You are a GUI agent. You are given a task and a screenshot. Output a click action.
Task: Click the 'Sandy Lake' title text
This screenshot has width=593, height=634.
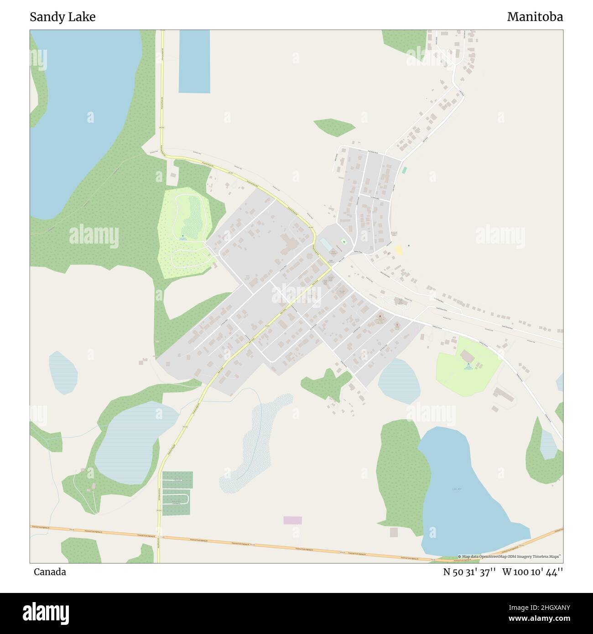[x=62, y=17]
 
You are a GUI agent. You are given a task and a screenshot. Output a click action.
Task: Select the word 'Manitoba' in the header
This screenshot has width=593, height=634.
[x=535, y=17]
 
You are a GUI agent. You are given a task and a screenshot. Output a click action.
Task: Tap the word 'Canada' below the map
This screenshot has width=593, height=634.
[x=50, y=572]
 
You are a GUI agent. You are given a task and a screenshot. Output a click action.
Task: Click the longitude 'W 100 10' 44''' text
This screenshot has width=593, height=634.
[x=532, y=572]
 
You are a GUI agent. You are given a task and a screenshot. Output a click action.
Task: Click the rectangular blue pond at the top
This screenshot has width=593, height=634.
[x=194, y=62]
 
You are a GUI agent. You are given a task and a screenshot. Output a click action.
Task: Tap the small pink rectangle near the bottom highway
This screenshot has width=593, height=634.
[x=292, y=520]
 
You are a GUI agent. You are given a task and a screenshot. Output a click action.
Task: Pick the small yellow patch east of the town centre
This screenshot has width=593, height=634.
[x=398, y=249]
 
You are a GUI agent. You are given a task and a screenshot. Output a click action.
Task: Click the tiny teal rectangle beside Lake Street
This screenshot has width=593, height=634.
[x=404, y=170]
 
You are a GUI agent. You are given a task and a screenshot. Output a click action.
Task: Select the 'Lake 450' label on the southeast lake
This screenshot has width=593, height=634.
[x=457, y=489]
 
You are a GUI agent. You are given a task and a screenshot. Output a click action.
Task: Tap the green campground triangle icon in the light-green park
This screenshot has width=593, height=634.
[x=468, y=364]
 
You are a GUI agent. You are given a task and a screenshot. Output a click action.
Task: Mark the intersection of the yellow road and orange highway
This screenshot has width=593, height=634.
[x=158, y=537]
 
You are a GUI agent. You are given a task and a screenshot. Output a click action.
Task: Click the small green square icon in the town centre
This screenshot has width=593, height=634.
[x=344, y=242]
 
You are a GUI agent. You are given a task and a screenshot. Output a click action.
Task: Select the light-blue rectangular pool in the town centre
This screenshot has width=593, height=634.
[x=326, y=244]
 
